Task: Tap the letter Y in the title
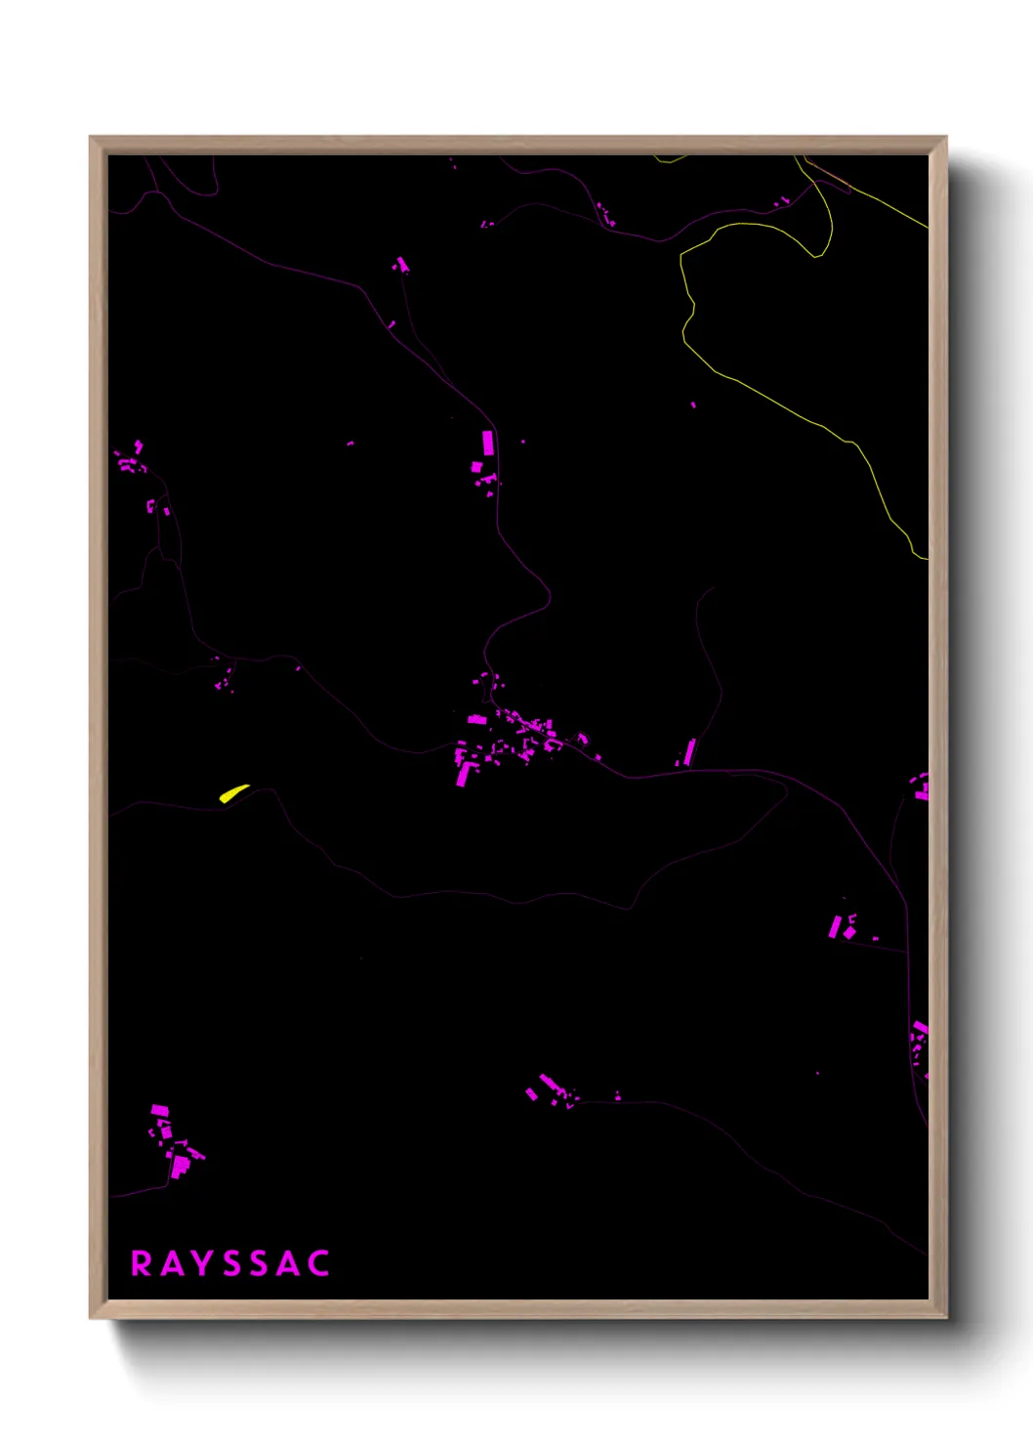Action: coord(201,1263)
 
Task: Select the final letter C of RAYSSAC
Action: coord(318,1263)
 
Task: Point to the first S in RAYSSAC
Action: coord(231,1263)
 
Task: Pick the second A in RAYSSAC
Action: coord(288,1263)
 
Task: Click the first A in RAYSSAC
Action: coord(171,1263)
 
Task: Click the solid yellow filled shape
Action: coord(232,792)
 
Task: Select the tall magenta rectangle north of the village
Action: coord(488,443)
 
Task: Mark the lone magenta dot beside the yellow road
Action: coord(693,404)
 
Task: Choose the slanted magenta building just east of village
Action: coord(689,751)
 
